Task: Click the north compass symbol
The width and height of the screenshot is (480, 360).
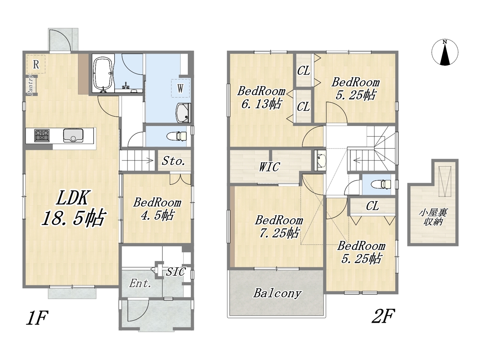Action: click(x=445, y=52)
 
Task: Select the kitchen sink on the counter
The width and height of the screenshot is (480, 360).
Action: click(x=73, y=135)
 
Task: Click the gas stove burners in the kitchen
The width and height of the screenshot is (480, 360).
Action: click(x=42, y=135)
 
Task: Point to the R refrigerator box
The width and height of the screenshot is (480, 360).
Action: click(x=36, y=64)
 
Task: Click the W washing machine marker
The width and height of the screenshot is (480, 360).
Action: click(x=180, y=88)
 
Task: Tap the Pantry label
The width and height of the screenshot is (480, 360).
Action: click(x=30, y=85)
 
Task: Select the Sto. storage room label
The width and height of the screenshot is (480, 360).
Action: click(x=173, y=161)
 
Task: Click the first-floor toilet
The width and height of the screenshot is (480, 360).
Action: click(x=177, y=136)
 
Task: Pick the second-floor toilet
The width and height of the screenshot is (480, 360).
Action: click(x=381, y=184)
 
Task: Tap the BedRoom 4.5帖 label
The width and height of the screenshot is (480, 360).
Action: click(x=157, y=209)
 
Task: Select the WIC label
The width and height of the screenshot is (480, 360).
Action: click(x=269, y=167)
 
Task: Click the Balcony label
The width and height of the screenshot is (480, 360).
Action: click(x=277, y=293)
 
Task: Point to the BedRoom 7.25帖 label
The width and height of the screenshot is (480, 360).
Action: click(x=279, y=226)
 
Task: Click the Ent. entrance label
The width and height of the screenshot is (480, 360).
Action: click(x=140, y=283)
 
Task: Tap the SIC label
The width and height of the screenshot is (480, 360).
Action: click(x=176, y=272)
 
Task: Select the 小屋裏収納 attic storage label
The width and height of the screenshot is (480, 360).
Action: click(x=433, y=217)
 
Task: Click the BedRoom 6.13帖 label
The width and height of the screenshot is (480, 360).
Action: click(x=261, y=97)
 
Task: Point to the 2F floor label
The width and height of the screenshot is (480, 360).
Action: click(x=383, y=316)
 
